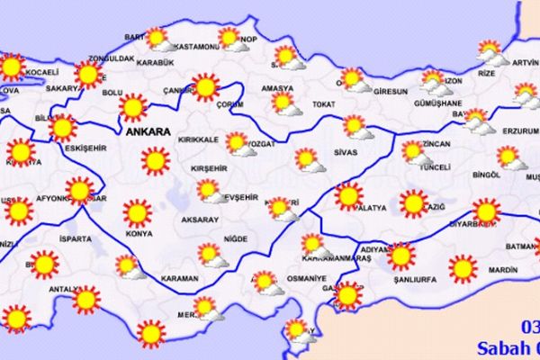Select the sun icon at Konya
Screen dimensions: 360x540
click(137, 213)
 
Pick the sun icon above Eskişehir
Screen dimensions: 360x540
click(62, 128)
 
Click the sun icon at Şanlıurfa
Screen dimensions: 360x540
click(401, 256)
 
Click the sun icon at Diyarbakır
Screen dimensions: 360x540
click(486, 211)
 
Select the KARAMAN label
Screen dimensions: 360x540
click(180, 279)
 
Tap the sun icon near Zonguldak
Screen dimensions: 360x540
click(88, 74)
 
